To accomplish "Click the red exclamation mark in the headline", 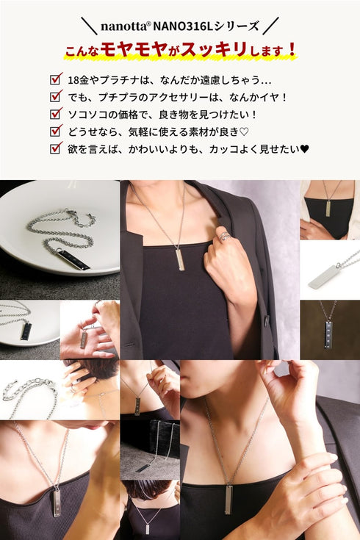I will click(292, 50).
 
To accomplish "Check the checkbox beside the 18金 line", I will click(54, 79).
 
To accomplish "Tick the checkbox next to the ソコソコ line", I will click(54, 114).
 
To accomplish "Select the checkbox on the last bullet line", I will click(54, 148).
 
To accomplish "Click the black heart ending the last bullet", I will click(305, 148).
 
